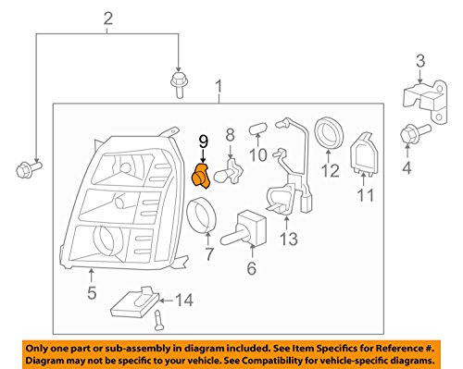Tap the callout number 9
pos(203,142)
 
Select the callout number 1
pos(219,90)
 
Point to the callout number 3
pos(419,61)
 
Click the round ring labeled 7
pos(203,219)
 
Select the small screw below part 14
pos(159,321)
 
